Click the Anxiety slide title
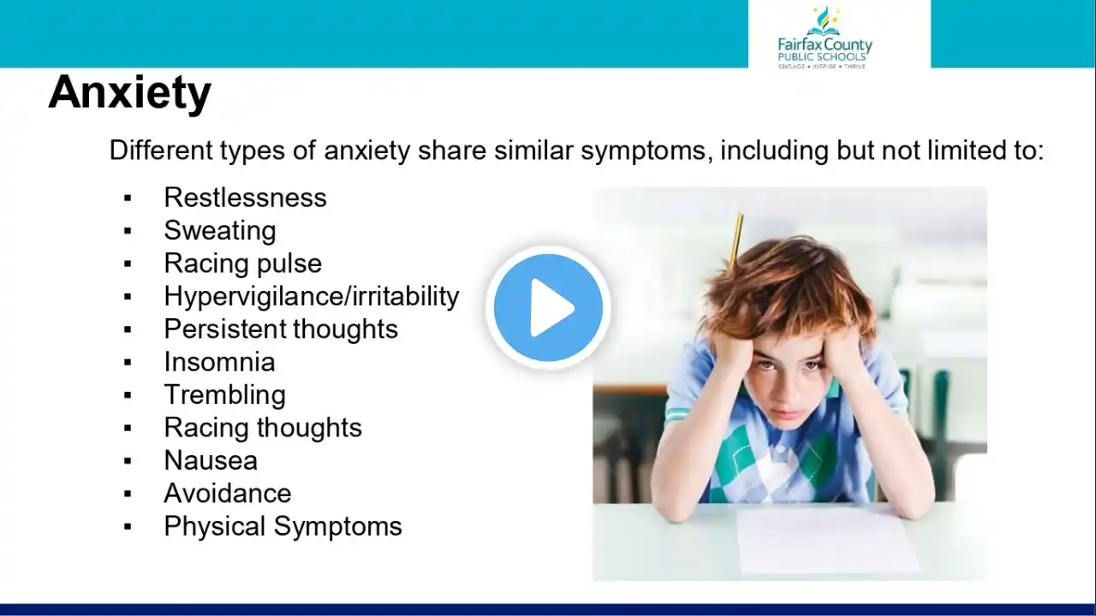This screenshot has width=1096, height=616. (129, 94)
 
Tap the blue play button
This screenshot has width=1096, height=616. (548, 307)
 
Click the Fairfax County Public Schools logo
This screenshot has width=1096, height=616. (825, 38)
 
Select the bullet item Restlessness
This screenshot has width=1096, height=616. (245, 198)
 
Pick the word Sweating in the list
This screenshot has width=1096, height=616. (220, 231)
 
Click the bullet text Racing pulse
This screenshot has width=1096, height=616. (242, 264)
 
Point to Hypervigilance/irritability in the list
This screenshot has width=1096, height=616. (312, 296)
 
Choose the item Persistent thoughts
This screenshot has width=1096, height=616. (281, 329)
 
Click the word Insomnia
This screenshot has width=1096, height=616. (220, 362)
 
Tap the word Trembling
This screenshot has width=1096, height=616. (225, 395)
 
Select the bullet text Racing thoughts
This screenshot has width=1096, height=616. (263, 428)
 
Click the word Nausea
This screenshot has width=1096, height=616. (211, 460)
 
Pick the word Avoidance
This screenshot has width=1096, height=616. (228, 494)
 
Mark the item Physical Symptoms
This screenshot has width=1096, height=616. (283, 526)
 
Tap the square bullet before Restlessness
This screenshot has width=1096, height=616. (128, 198)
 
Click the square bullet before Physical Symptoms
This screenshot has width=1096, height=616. (128, 527)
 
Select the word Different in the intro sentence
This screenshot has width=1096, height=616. (161, 150)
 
